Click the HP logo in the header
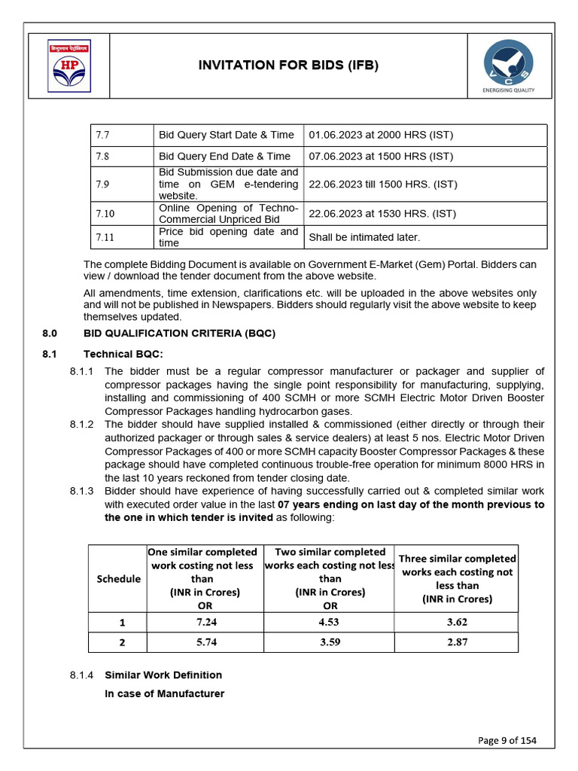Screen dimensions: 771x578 (68, 66)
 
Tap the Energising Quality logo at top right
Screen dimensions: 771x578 (508, 66)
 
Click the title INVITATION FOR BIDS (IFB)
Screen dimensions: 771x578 (288, 66)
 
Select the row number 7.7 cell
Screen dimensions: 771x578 (103, 135)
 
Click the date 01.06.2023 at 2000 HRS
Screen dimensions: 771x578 (380, 135)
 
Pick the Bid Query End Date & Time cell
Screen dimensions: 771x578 (224, 156)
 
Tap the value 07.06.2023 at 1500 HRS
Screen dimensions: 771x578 (380, 156)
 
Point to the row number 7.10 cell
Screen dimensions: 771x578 (105, 214)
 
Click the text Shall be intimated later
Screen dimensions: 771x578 (364, 237)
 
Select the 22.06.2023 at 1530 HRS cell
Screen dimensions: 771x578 (382, 214)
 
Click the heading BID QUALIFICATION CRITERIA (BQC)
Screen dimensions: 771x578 (179, 333)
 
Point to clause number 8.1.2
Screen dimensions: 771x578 (81, 425)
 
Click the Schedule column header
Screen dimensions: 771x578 (118, 578)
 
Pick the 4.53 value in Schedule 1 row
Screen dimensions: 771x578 (329, 622)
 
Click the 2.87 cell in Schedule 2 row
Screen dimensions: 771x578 (456, 642)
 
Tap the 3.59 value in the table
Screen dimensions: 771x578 (329, 642)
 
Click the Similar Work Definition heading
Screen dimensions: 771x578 (163, 675)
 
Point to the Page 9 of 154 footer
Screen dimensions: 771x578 (507, 740)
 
